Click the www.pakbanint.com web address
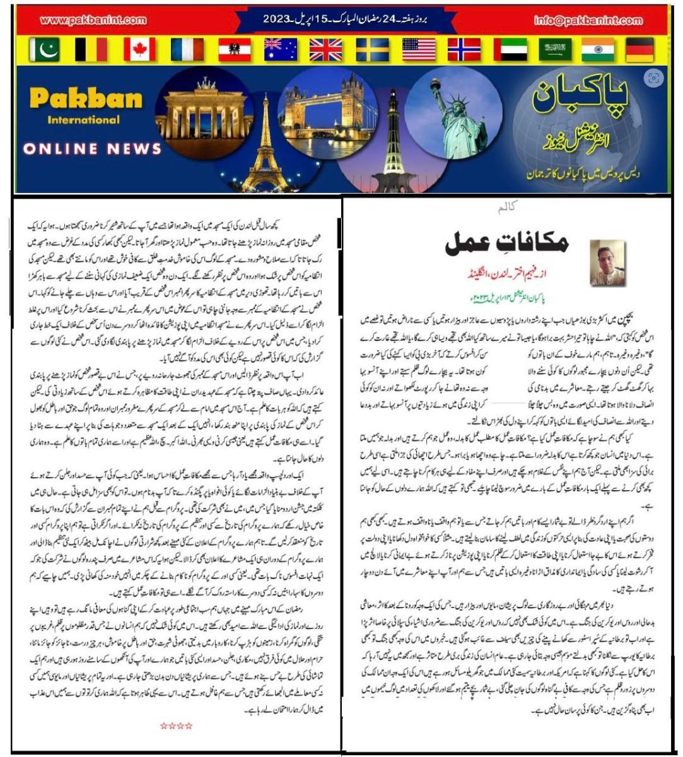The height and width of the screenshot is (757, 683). click(93, 20)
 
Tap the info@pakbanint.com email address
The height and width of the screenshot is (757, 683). click(588, 20)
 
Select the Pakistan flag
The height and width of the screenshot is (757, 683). click(45, 49)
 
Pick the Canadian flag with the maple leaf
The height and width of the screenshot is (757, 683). click(139, 49)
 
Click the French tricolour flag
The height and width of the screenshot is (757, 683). click(187, 49)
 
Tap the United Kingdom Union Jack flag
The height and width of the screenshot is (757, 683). click(325, 49)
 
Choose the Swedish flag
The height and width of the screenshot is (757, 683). click(372, 49)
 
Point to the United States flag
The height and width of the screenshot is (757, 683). click(419, 49)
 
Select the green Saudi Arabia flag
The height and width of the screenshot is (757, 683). click(556, 49)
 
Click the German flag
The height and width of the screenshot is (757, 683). click(640, 49)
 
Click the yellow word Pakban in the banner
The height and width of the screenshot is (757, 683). click(86, 98)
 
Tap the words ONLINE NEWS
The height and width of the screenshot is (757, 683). click(93, 149)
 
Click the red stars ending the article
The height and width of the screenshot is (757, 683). click(176, 726)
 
